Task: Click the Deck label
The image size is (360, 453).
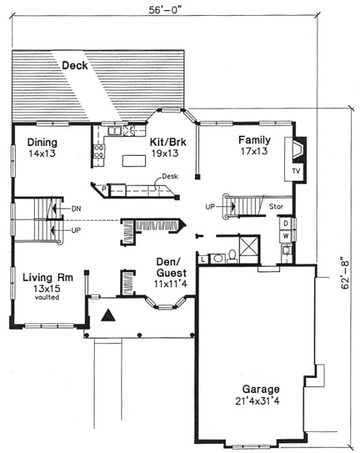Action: [x=76, y=65]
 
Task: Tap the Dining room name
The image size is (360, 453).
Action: [x=42, y=143]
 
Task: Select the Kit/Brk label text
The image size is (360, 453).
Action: [x=168, y=143]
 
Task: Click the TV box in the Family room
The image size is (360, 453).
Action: [x=295, y=171]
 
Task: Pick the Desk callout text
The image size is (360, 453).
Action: [x=170, y=176]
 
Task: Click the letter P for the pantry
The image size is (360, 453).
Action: [x=104, y=188]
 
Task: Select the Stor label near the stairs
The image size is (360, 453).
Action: [x=276, y=205]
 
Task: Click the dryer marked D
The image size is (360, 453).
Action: [x=286, y=223]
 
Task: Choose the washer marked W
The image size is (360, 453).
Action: [x=286, y=235]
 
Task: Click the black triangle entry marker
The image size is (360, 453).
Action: [x=108, y=315]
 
